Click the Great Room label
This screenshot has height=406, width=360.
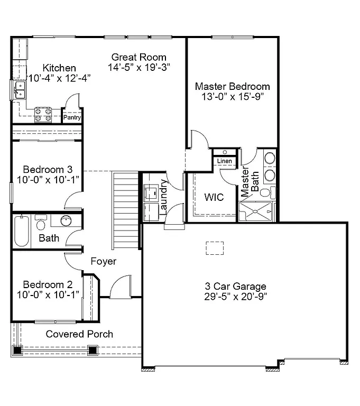[139, 57]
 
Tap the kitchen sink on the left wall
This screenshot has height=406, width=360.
[19, 90]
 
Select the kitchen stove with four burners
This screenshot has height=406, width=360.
[43, 115]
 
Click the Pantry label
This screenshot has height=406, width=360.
[72, 118]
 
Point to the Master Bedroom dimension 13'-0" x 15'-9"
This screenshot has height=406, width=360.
[232, 97]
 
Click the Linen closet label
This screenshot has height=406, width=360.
[224, 161]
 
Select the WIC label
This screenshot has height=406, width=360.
[214, 197]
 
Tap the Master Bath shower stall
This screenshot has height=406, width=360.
[256, 212]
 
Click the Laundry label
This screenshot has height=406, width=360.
[163, 196]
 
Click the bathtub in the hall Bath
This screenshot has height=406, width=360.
[21, 231]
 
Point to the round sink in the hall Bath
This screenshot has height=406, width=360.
[66, 221]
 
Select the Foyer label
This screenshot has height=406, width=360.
[104, 261]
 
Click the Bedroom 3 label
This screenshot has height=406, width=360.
[47, 170]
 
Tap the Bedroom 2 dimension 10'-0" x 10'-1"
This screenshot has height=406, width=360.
[48, 294]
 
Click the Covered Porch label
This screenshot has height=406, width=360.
[79, 334]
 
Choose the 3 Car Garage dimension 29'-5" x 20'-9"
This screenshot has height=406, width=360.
[235, 297]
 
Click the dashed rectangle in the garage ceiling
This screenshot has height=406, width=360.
[215, 247]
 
